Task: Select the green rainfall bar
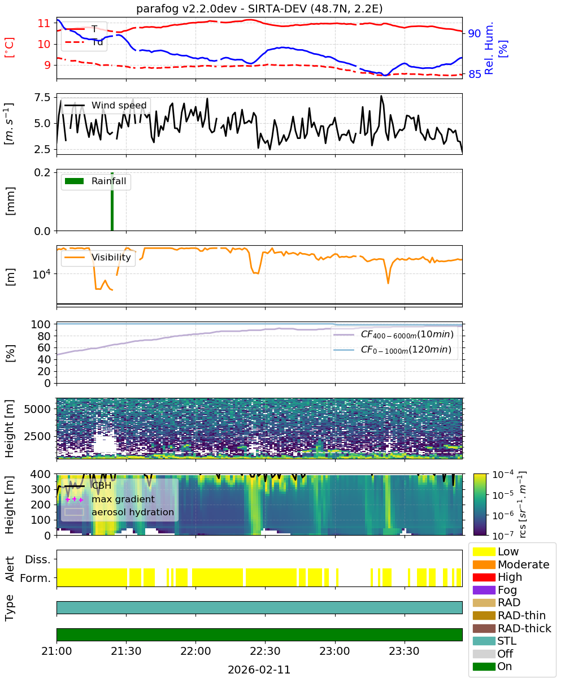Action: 112,201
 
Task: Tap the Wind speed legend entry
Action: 106,105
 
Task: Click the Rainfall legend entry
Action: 95,181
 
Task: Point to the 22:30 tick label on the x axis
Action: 265,651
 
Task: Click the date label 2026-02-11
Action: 259,670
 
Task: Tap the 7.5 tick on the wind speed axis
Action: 42,97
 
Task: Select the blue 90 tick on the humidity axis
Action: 475,33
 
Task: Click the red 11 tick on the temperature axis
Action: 44,23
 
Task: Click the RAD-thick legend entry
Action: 512,628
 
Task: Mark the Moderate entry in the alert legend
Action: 511,564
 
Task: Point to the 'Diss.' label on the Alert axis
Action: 38,559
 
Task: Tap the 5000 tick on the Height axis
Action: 37,409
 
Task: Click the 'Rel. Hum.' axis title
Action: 489,48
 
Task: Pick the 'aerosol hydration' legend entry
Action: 119,512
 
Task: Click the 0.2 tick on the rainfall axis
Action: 42,172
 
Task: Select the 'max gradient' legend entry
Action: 110,499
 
